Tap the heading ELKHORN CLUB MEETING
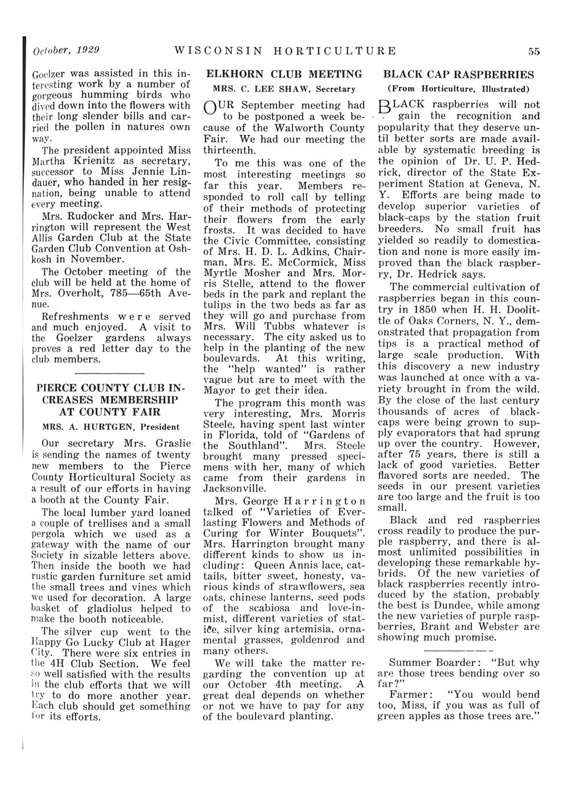point(284,74)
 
